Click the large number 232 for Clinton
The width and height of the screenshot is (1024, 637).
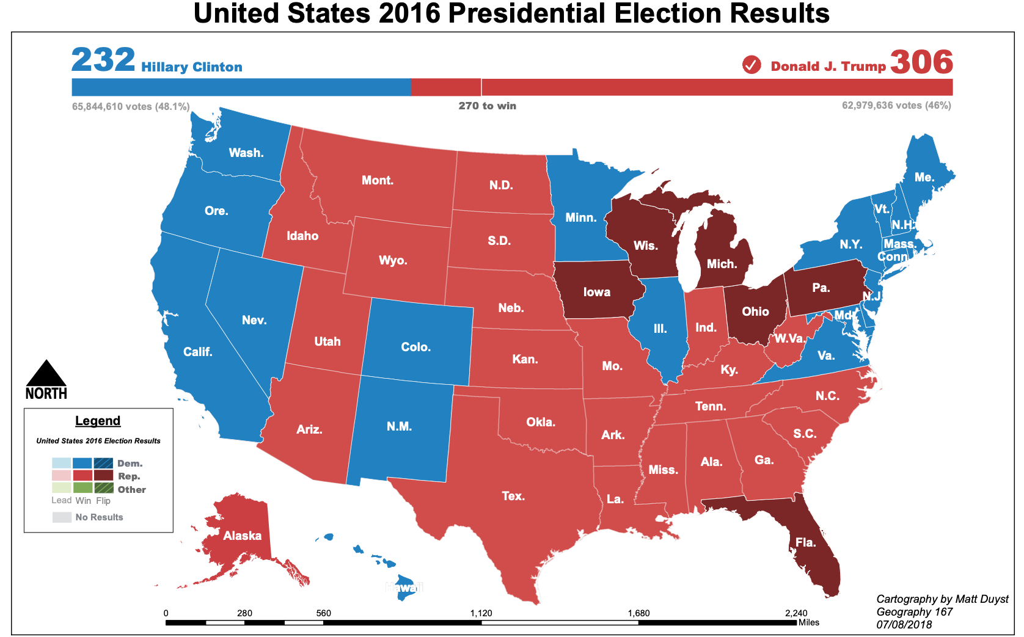(x=103, y=60)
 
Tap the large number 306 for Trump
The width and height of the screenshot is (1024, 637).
(x=921, y=62)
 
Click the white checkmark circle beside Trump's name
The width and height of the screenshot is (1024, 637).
(x=752, y=65)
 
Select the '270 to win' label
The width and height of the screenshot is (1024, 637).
(x=487, y=106)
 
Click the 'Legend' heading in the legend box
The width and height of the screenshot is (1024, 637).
(x=98, y=421)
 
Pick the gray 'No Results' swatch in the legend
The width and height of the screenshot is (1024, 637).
(x=62, y=517)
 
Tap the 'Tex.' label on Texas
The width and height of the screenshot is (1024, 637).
(x=513, y=496)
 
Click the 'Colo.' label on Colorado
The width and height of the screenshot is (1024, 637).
(x=415, y=347)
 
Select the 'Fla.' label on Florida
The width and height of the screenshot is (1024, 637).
(x=805, y=542)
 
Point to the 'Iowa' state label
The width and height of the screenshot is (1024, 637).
(x=596, y=292)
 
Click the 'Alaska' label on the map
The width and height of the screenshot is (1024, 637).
(x=242, y=536)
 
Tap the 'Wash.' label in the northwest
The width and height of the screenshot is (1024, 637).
(x=246, y=153)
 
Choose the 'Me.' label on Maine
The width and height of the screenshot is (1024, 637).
(x=924, y=177)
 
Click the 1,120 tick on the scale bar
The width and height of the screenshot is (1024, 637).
(x=481, y=613)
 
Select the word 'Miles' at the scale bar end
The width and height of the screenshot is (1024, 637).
(x=808, y=622)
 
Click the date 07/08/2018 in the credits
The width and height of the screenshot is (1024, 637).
(x=904, y=624)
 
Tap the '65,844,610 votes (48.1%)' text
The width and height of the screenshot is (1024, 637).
(x=131, y=106)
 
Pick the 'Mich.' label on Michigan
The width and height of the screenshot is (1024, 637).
(x=722, y=264)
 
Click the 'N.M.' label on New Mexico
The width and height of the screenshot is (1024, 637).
(x=399, y=426)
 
